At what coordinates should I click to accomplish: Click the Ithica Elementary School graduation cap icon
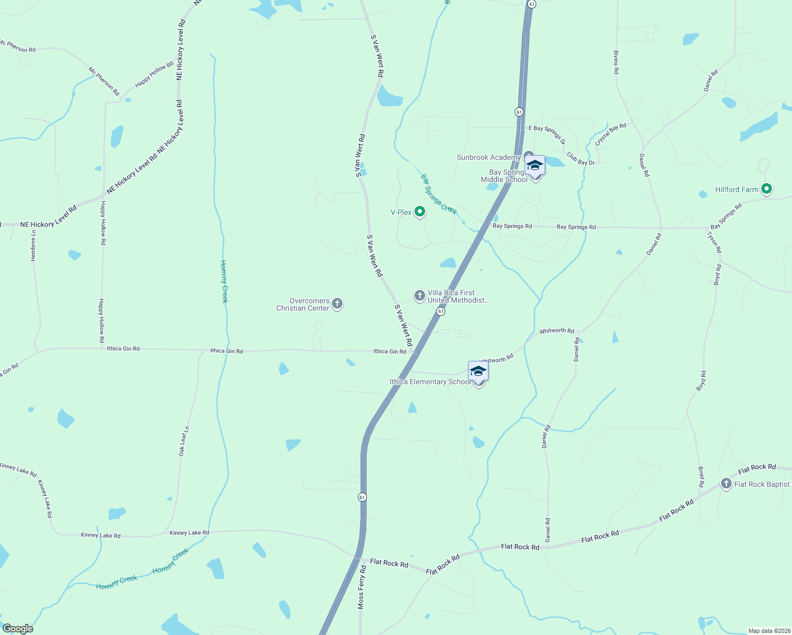click(478, 371)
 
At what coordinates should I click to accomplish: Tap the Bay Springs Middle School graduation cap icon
click(535, 166)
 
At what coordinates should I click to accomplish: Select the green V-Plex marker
click(420, 212)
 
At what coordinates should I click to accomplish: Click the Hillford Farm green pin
click(766, 189)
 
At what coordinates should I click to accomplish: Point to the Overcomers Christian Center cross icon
click(337, 304)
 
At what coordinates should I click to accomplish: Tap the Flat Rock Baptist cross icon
click(726, 484)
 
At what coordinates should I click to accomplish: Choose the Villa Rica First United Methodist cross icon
click(419, 296)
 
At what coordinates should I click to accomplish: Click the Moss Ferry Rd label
click(362, 587)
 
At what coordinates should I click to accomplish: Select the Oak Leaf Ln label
click(184, 441)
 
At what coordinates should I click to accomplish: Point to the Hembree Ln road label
click(33, 246)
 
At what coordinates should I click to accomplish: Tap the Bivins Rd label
click(616, 62)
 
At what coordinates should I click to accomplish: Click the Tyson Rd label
click(714, 242)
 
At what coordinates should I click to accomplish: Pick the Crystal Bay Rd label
click(610, 134)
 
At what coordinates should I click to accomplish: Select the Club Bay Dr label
click(580, 159)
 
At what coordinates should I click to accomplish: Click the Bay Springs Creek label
click(438, 194)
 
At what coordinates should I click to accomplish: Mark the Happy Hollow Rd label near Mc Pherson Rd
click(154, 75)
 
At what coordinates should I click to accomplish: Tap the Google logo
click(17, 629)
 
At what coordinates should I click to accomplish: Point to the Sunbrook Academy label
click(488, 157)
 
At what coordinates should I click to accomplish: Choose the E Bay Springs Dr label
click(547, 134)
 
